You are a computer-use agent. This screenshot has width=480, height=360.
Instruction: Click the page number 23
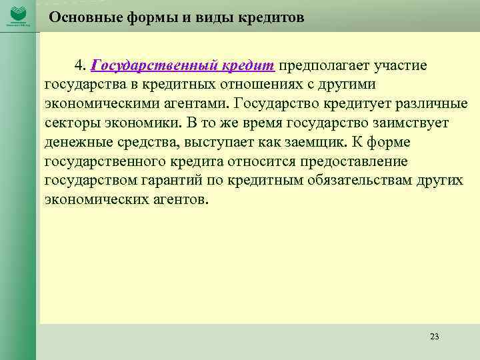coord(435,336)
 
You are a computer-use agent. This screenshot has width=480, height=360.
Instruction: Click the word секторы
coord(70,124)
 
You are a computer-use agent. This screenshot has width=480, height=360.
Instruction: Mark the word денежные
coord(74,143)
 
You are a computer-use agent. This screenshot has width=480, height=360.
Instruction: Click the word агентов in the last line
coord(180,200)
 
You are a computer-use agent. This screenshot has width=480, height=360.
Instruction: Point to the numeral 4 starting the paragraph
coord(79,66)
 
